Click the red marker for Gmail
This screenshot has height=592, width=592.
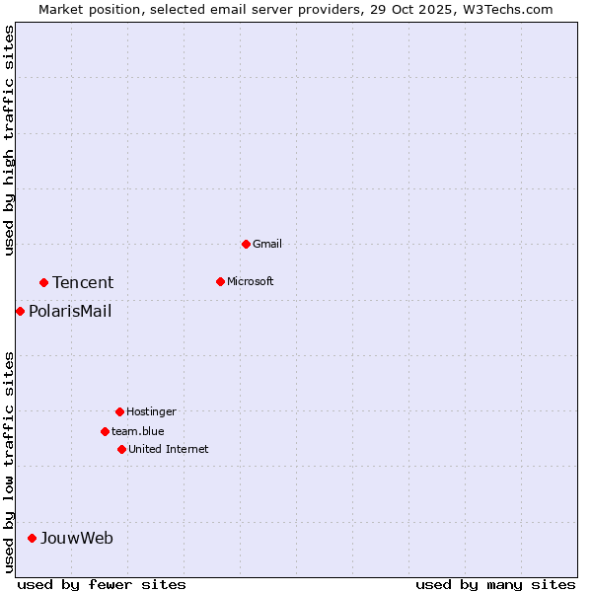point(246,244)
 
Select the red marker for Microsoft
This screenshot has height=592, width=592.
point(220,281)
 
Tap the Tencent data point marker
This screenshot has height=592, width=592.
point(43,282)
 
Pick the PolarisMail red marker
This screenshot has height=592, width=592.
point(20,312)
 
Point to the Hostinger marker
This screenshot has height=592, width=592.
point(119,411)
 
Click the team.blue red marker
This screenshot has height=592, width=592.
point(105,431)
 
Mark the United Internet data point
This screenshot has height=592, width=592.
point(121,449)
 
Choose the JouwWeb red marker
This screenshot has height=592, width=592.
point(32,538)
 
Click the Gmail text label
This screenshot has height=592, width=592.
point(267,244)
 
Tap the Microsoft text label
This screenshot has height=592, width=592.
point(251,281)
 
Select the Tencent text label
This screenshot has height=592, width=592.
point(83,283)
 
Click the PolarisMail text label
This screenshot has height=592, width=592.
point(70,312)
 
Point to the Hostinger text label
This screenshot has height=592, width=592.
point(151,411)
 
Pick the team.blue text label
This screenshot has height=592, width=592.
point(138,431)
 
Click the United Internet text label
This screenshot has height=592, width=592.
point(169,449)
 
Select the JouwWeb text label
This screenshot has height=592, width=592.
point(77,539)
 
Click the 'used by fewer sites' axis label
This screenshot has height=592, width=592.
point(102,584)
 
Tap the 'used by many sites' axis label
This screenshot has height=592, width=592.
point(495,584)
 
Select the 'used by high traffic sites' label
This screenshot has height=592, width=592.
point(9,140)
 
